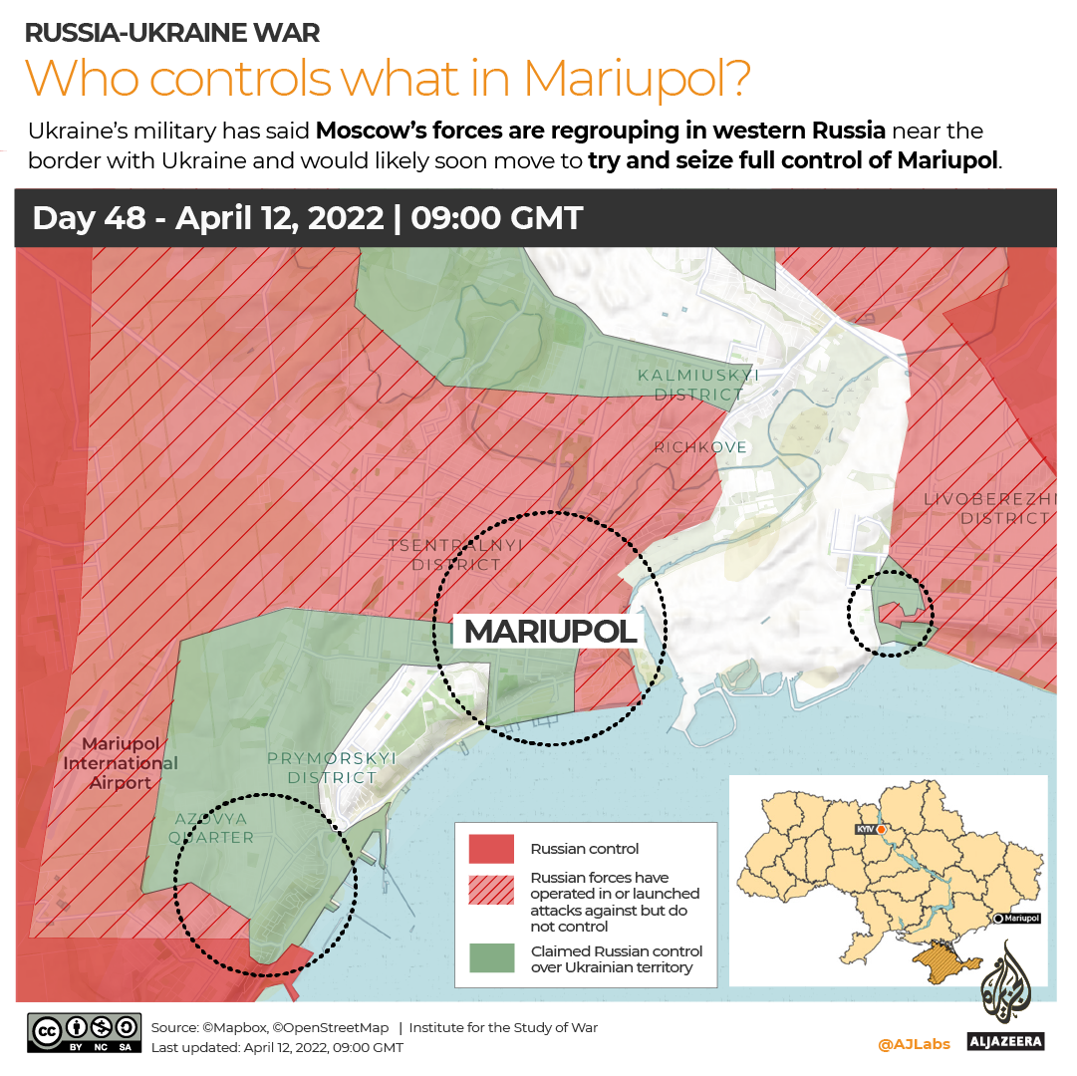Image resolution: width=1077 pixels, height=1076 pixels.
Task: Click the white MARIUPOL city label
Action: [550, 631]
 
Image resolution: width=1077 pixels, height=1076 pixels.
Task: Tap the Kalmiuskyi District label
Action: [698, 385]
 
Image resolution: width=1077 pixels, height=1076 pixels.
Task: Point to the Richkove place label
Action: [700, 447]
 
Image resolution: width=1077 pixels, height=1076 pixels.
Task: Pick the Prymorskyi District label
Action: [332, 767]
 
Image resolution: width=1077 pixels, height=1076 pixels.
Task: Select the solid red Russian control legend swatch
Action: [492, 849]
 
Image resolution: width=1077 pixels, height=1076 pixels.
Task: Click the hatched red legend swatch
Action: [492, 893]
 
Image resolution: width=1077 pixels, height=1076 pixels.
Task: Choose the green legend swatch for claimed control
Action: [492, 958]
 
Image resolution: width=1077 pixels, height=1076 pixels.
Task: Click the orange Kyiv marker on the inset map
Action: [882, 829]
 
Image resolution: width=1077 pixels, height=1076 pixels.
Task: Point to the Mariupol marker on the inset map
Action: [998, 918]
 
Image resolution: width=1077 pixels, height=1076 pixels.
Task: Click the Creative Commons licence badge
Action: [84, 1034]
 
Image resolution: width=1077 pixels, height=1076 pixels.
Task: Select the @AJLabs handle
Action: [914, 1044]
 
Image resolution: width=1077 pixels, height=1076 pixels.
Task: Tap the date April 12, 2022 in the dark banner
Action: [279, 218]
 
